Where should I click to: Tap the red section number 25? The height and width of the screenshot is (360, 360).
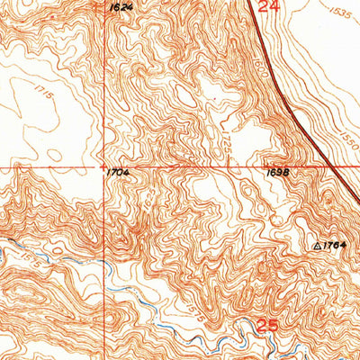tap(263, 324)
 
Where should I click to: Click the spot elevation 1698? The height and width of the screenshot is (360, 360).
tap(275, 171)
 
